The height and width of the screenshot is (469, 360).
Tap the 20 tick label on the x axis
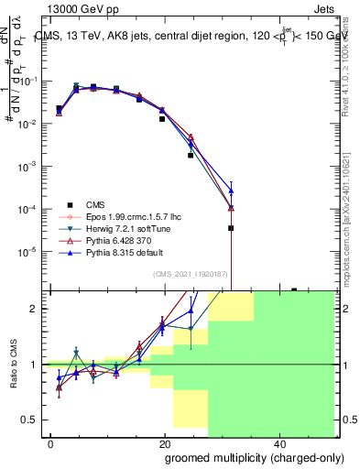[165, 444]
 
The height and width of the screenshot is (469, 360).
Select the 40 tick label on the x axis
[278, 444]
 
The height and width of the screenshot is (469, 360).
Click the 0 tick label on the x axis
[51, 444]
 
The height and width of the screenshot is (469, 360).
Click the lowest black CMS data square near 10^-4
[231, 227]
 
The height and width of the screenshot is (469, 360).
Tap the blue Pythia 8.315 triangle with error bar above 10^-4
[231, 191]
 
